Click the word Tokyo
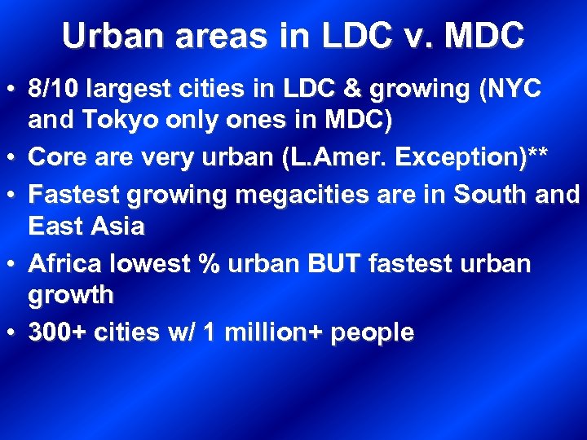(x=109, y=122)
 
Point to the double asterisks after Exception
(x=534, y=155)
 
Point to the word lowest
(x=153, y=263)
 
